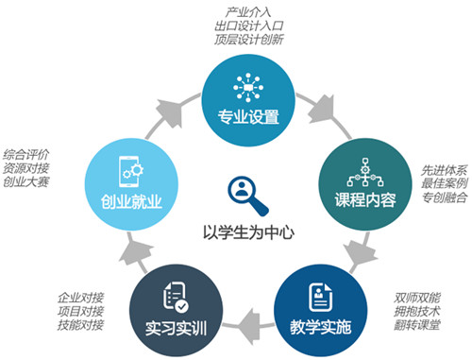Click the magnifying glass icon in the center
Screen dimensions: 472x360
[247, 196]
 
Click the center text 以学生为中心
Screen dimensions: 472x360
[248, 232]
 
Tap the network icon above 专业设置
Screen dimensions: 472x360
[248, 88]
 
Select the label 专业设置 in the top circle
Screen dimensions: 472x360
[248, 116]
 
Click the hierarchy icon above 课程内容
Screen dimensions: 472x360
[365, 172]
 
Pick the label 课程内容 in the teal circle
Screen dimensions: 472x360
[365, 199]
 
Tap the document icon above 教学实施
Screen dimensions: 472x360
[320, 297]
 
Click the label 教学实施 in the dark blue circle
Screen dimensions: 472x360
[320, 327]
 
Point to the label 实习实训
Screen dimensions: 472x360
[176, 328]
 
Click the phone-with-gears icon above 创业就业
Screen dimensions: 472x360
[131, 171]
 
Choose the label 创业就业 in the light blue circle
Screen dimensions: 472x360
[131, 201]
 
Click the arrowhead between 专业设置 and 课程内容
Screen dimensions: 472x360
[322, 110]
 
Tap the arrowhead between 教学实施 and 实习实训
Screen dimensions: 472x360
[248, 327]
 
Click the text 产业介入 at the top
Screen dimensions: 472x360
[248, 12]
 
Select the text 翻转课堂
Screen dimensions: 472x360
[417, 325]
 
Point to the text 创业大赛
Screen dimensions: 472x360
[26, 181]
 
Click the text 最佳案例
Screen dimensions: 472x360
[445, 183]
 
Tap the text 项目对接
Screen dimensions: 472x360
[80, 311]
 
